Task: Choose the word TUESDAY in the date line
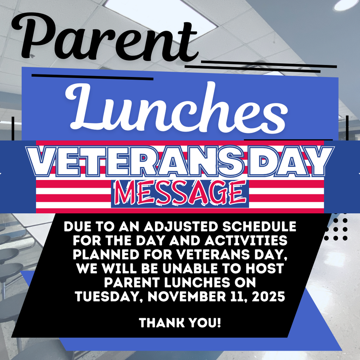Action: (107, 297)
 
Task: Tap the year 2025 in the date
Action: (269, 297)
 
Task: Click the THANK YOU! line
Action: (180, 322)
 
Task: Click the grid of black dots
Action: (336, 229)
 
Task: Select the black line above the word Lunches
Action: (92, 77)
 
